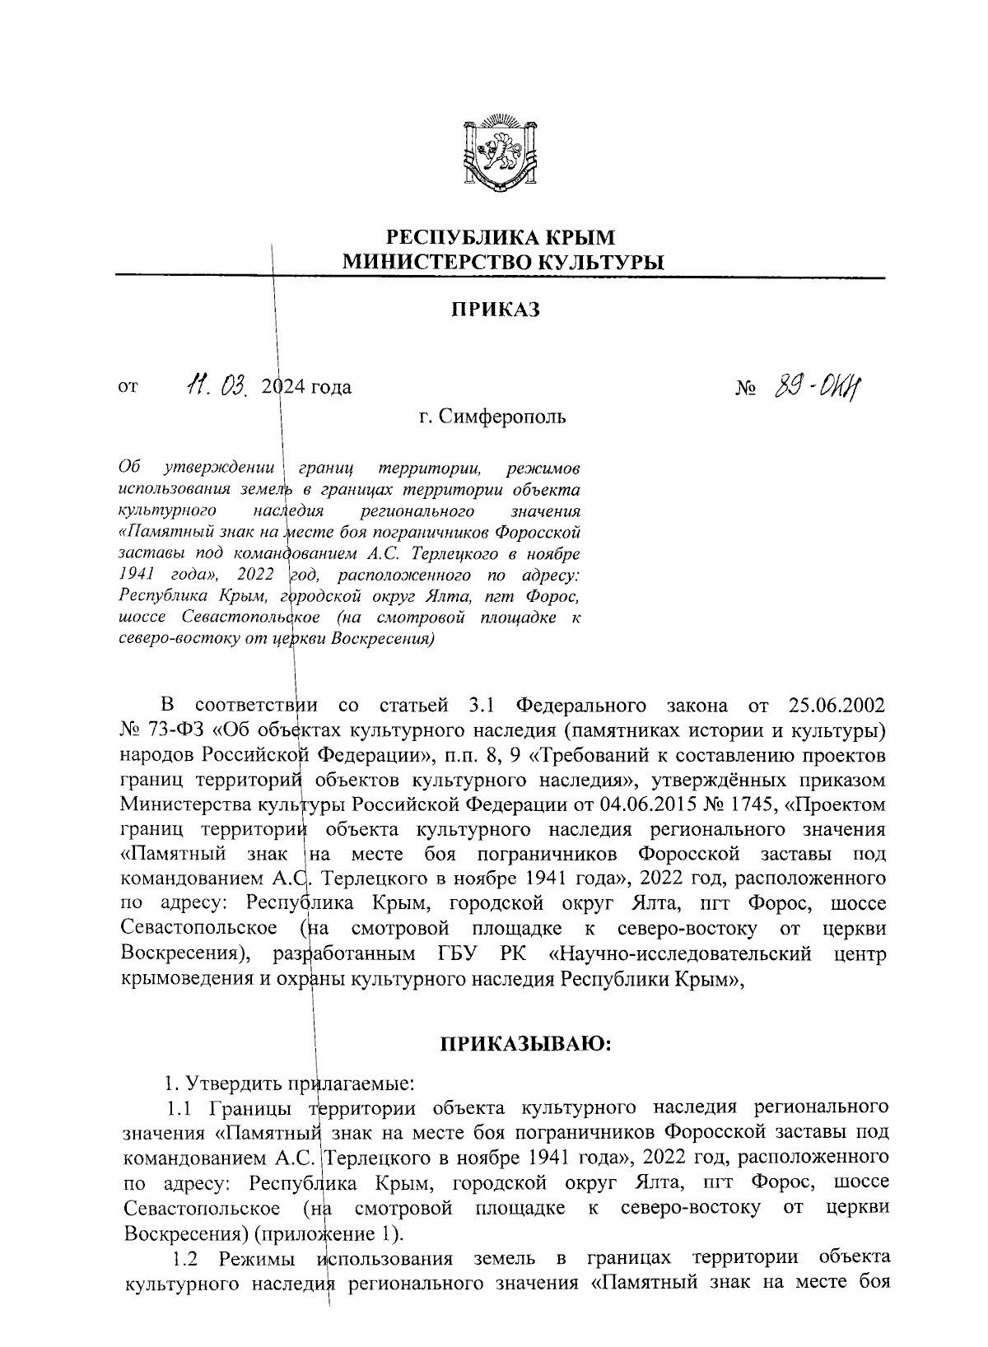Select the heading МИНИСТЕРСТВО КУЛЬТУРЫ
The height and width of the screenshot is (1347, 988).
502,263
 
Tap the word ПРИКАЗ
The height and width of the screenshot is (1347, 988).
494,310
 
